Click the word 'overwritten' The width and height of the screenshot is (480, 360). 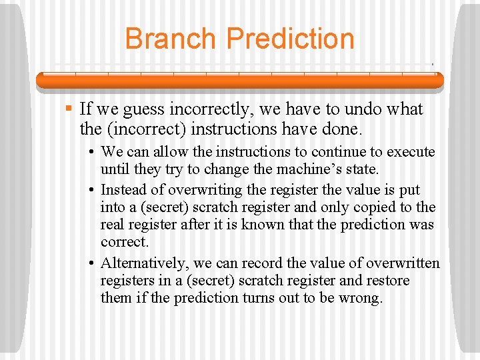[403, 262]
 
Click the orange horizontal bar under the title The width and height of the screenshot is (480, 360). [239, 81]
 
